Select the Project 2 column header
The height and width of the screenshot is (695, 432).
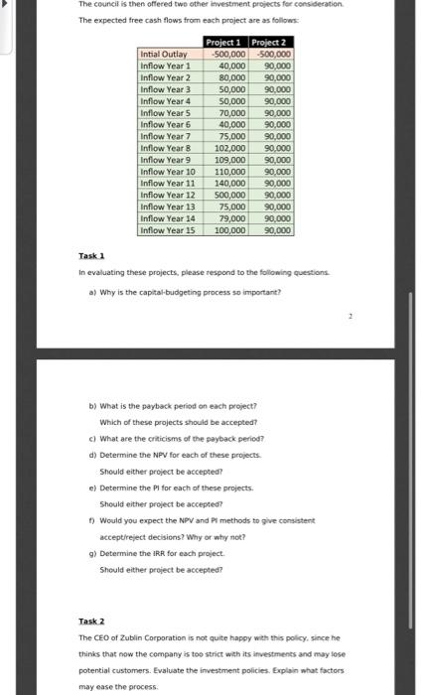(x=271, y=42)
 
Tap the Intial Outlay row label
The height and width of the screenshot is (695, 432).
(x=164, y=54)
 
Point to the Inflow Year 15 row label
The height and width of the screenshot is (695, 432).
(x=169, y=229)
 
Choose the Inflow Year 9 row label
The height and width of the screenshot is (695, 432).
(x=167, y=159)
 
